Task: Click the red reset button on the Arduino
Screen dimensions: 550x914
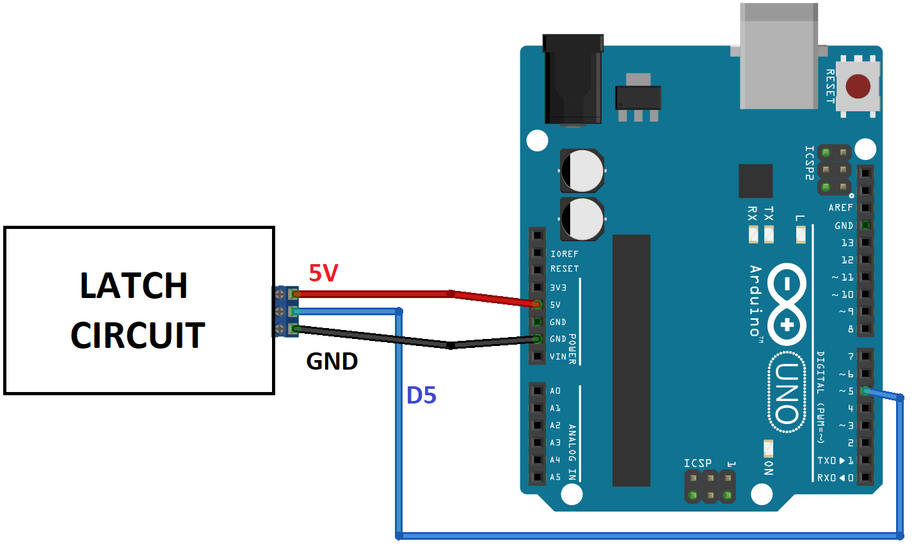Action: (858, 86)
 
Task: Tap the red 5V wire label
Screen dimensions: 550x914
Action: (323, 273)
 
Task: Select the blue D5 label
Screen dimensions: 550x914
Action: (421, 396)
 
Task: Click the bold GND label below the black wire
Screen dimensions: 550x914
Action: (332, 361)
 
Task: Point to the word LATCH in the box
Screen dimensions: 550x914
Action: (134, 286)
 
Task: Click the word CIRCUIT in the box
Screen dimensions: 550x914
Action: (138, 336)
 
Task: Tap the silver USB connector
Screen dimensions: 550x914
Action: (779, 56)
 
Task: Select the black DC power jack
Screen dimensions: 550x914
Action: (573, 80)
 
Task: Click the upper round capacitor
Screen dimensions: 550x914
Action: (582, 171)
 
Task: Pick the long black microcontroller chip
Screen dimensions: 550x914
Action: (631, 360)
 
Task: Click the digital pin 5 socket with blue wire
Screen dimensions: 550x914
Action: (865, 391)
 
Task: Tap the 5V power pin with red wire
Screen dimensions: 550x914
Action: (537, 304)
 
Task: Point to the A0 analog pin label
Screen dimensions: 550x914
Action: (555, 391)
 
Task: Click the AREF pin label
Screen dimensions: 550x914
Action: (840, 208)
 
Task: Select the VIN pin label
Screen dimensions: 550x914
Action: (557, 356)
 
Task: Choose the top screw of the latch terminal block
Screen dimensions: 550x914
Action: (280, 294)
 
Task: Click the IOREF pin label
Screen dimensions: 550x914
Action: (564, 254)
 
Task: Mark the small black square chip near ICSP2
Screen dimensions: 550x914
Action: (755, 181)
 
